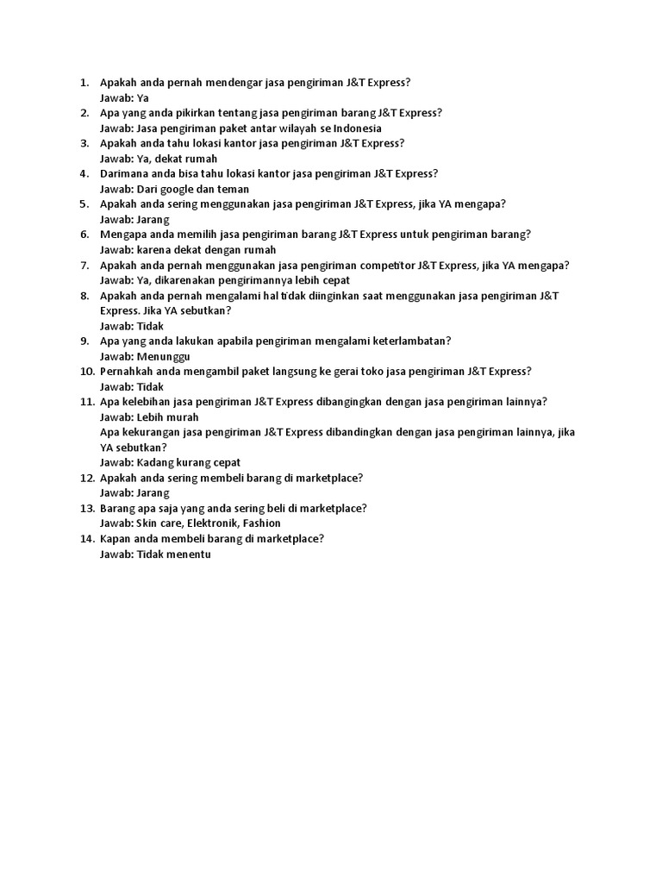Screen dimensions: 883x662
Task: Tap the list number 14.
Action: tap(85, 538)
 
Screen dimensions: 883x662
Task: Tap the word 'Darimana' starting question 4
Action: tap(125, 173)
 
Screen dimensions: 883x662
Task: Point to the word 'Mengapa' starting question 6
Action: tap(123, 235)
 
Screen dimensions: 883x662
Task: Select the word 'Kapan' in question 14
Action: tap(116, 538)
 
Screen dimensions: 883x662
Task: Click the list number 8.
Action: tap(84, 295)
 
